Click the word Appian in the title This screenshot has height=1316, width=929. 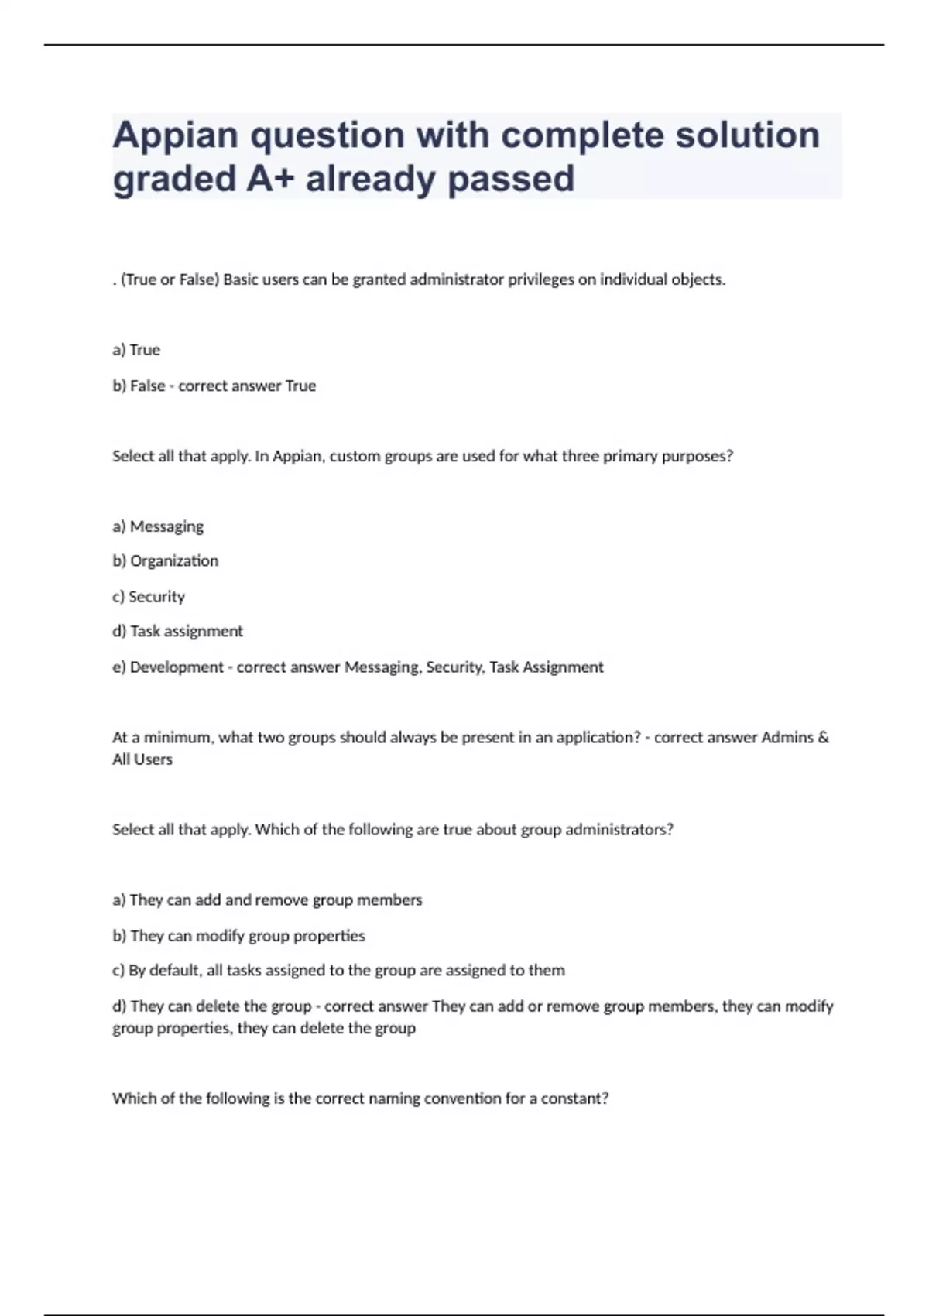pos(176,136)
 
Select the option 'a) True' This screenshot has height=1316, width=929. pos(136,350)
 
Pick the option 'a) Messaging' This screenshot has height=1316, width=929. pos(158,526)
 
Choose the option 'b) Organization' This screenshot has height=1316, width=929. pos(165,560)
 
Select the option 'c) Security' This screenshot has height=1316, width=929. pos(149,596)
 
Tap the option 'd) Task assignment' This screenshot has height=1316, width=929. pos(177,631)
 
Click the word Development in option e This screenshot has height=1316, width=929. pos(177,667)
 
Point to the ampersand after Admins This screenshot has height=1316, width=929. pos(823,737)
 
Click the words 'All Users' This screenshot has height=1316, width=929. pos(142,759)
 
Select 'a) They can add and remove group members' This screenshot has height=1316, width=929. pos(267,900)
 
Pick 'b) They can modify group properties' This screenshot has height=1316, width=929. pos(238,935)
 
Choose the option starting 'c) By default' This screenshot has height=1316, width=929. pos(338,970)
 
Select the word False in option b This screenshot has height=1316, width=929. pos(147,386)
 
